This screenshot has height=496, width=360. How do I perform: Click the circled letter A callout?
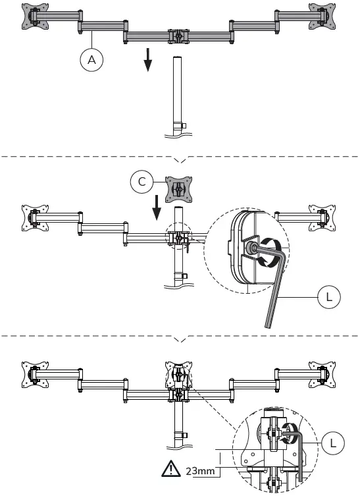(x=92, y=60)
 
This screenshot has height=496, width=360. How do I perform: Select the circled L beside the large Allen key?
(x=329, y=297)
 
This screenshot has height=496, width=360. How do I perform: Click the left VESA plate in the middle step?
(x=31, y=217)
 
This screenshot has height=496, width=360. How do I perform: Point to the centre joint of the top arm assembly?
(x=176, y=35)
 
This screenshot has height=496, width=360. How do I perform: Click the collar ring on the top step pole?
(x=176, y=126)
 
